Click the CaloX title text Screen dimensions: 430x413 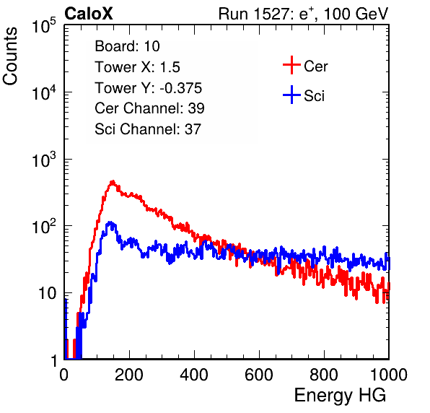[x=89, y=14]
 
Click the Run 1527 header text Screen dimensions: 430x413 [x=303, y=14]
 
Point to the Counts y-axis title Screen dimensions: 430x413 [x=10, y=56]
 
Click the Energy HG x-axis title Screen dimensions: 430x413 [x=340, y=396]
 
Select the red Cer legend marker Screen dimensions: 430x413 [x=291, y=65]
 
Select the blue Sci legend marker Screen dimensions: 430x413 [x=291, y=95]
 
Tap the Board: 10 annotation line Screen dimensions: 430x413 [x=127, y=46]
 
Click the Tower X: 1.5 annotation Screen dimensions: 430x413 [x=137, y=67]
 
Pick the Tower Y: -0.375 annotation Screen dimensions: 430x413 [x=149, y=88]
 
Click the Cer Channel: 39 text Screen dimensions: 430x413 [x=149, y=108]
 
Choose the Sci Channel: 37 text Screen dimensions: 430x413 [x=148, y=129]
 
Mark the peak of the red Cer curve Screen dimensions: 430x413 [x=113, y=182]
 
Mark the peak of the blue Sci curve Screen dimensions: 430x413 [x=110, y=222]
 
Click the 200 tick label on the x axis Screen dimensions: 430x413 [x=129, y=375]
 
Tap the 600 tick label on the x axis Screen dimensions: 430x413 [x=259, y=375]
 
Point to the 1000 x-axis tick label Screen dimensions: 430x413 [x=389, y=375]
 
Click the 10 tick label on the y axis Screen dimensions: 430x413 [x=47, y=293]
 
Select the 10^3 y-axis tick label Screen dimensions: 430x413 [x=44, y=160]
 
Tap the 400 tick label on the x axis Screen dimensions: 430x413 [x=194, y=375]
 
